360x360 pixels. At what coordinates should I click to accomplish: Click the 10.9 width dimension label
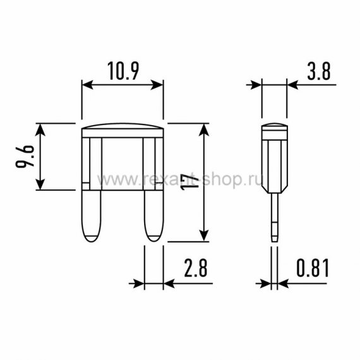point(123,71)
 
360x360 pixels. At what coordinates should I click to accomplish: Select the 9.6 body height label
point(25,156)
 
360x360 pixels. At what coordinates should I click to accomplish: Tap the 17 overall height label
point(189,182)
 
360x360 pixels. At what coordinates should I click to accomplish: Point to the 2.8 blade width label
point(196,268)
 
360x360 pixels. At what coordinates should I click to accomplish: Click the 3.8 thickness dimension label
point(319,71)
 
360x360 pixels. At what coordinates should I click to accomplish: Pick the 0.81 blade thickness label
point(313,268)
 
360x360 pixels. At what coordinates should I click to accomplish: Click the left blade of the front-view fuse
point(92,216)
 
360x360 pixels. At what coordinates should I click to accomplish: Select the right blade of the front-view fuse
point(154,216)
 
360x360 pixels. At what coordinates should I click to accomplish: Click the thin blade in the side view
point(275,217)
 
